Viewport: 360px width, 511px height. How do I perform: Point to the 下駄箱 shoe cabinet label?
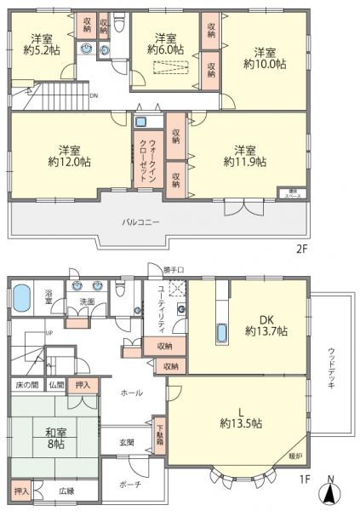click(159, 433)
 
